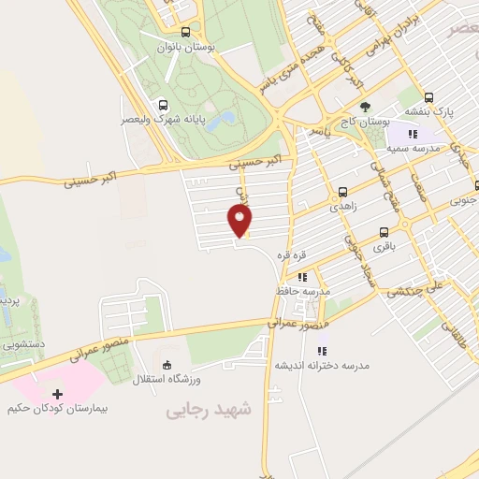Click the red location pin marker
240,221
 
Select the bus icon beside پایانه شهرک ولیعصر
164,105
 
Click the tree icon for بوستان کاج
365,106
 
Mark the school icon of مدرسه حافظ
301,277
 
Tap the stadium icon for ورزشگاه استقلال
167,364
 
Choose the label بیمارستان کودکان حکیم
59,409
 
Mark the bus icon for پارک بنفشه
429,96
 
